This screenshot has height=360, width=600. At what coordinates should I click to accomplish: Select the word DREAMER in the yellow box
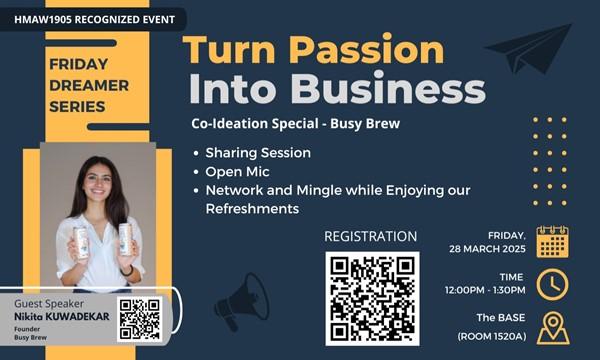point(89,85)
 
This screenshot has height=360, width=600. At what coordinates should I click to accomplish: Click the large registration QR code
point(372,298)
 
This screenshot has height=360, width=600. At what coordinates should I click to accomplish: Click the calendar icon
point(552,241)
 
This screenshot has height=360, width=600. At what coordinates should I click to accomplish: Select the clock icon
point(552,284)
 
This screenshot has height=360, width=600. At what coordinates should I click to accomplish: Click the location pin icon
point(552,328)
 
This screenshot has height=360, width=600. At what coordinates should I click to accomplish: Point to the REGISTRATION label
point(371,237)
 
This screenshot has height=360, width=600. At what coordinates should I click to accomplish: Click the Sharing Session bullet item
point(258,153)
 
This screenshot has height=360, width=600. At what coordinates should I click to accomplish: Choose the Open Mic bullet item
point(238,171)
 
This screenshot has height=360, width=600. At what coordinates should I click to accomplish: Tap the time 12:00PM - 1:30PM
point(487,291)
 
